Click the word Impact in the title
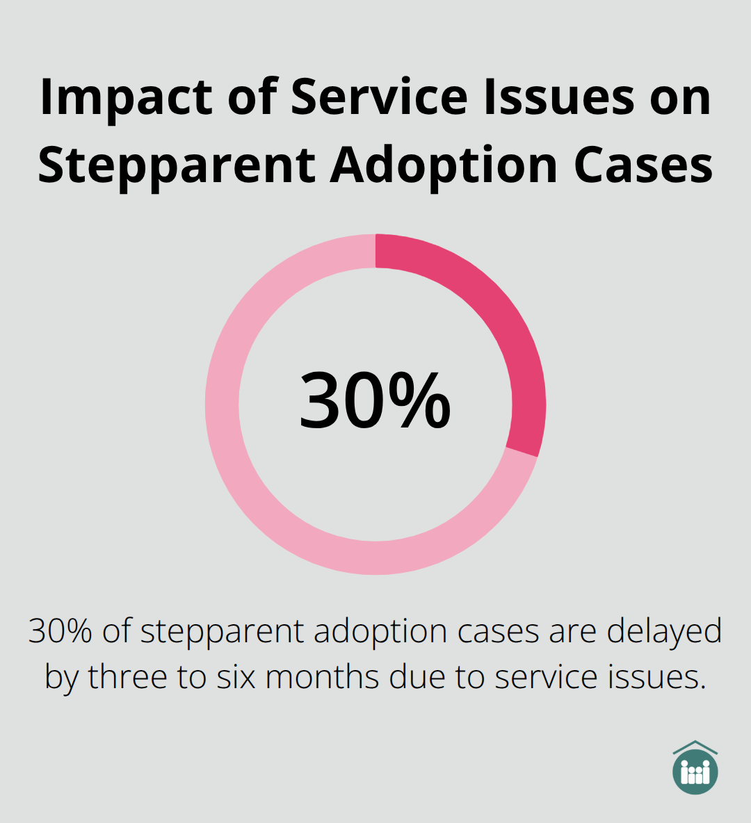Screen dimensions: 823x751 click(126, 97)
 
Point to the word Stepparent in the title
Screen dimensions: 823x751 click(177, 165)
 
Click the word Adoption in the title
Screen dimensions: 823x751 click(444, 165)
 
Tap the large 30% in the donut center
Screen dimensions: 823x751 click(375, 402)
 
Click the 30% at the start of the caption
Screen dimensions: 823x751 click(60, 631)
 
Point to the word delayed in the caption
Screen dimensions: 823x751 click(664, 631)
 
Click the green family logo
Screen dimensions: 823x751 click(695, 772)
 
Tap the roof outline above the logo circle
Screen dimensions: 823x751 click(695, 747)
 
